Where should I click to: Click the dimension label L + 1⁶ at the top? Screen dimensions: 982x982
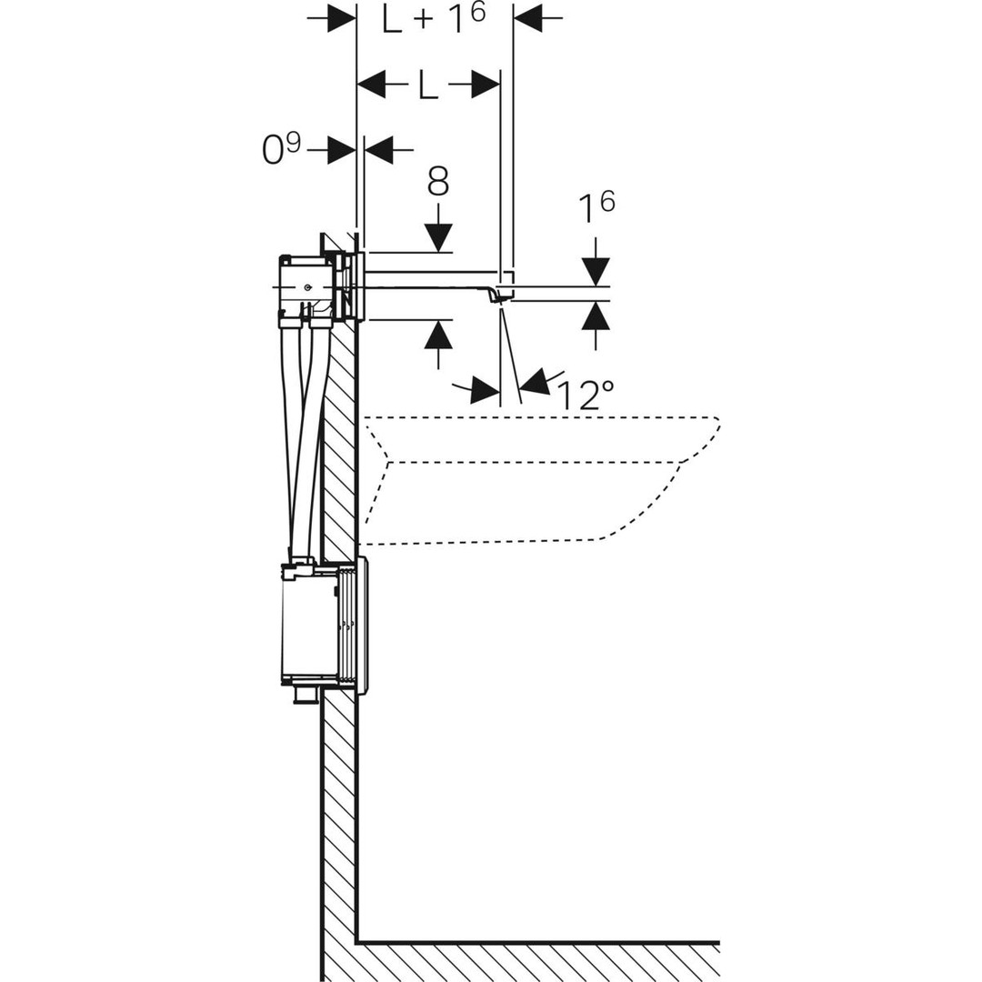point(435,19)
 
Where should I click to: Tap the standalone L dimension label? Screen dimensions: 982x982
point(427,85)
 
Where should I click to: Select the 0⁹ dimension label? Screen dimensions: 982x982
point(281,149)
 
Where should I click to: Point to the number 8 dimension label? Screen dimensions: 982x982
point(437,182)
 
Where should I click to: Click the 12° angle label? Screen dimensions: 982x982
point(585,395)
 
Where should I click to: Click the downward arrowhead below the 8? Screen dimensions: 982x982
point(437,237)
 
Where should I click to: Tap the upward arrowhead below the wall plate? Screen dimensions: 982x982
point(437,334)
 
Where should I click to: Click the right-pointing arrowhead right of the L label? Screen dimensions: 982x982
point(486,85)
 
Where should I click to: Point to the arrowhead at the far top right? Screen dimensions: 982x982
point(528,19)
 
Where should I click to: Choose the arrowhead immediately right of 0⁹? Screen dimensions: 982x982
point(377,150)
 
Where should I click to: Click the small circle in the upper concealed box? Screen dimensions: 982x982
point(307,287)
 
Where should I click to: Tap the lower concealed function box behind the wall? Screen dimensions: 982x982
point(309,626)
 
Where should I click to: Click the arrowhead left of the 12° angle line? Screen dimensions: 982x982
point(486,389)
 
